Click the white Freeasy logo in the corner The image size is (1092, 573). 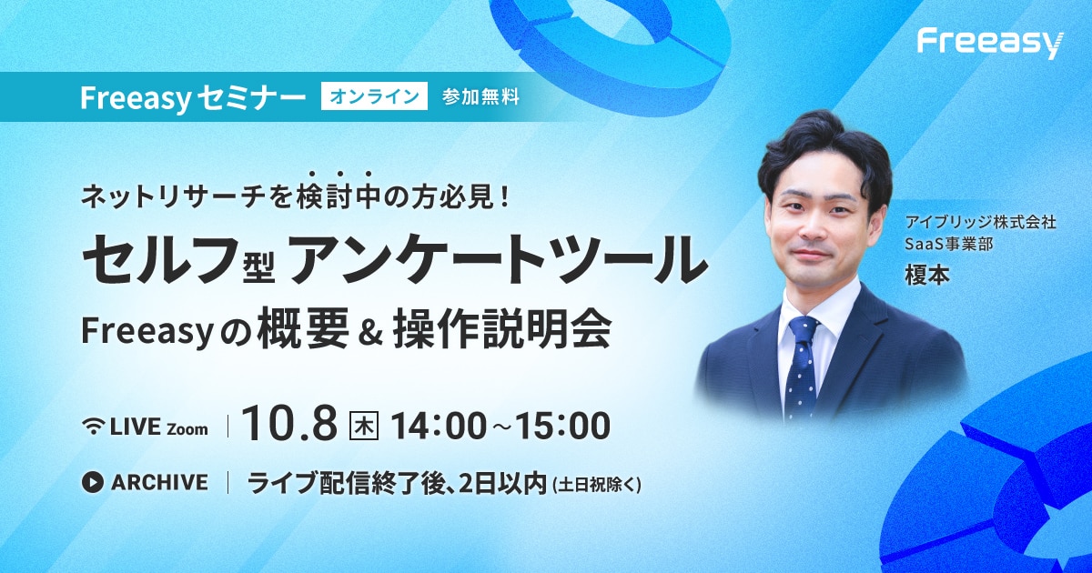pyautogui.click(x=990, y=45)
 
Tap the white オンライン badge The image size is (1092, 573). pyautogui.click(x=374, y=96)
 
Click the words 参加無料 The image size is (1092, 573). pyautogui.click(x=480, y=97)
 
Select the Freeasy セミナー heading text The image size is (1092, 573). pyautogui.click(x=193, y=97)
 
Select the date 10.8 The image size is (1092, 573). pyautogui.click(x=289, y=425)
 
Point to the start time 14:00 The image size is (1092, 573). pyautogui.click(x=440, y=426)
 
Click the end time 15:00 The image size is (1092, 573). pyautogui.click(x=562, y=426)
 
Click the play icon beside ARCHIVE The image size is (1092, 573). pyautogui.click(x=93, y=482)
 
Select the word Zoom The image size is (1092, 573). pyautogui.click(x=187, y=429)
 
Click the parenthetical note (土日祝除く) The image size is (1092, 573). pyautogui.click(x=595, y=485)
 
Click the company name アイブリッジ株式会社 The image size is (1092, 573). pyautogui.click(x=981, y=223)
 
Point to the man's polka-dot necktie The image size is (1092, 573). pyautogui.click(x=803, y=366)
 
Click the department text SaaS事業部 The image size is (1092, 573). pyautogui.click(x=948, y=244)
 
